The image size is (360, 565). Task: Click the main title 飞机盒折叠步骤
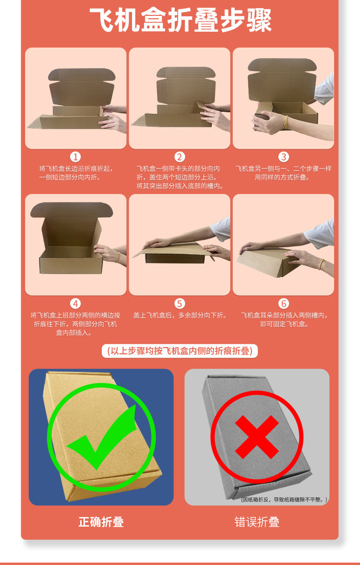coord(180,21)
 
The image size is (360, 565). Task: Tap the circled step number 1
coord(76,157)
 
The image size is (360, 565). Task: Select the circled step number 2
coord(180,157)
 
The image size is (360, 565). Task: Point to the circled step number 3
coord(284,157)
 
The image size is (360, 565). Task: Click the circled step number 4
coord(76,303)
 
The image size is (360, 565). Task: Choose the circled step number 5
coord(180,303)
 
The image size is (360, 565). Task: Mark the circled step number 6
coord(284,303)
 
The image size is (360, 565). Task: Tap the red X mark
coord(257,437)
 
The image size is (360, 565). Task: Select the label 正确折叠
coord(101,522)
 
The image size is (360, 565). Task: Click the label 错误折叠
coord(257,522)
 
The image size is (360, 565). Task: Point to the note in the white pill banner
coord(180,351)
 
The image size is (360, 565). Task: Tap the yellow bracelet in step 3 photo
coord(287,122)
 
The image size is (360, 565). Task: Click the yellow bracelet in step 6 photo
coord(322,263)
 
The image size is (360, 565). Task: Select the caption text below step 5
coord(180,316)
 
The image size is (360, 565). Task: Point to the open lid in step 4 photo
coord(72,211)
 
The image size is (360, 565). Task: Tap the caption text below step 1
coord(76,173)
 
